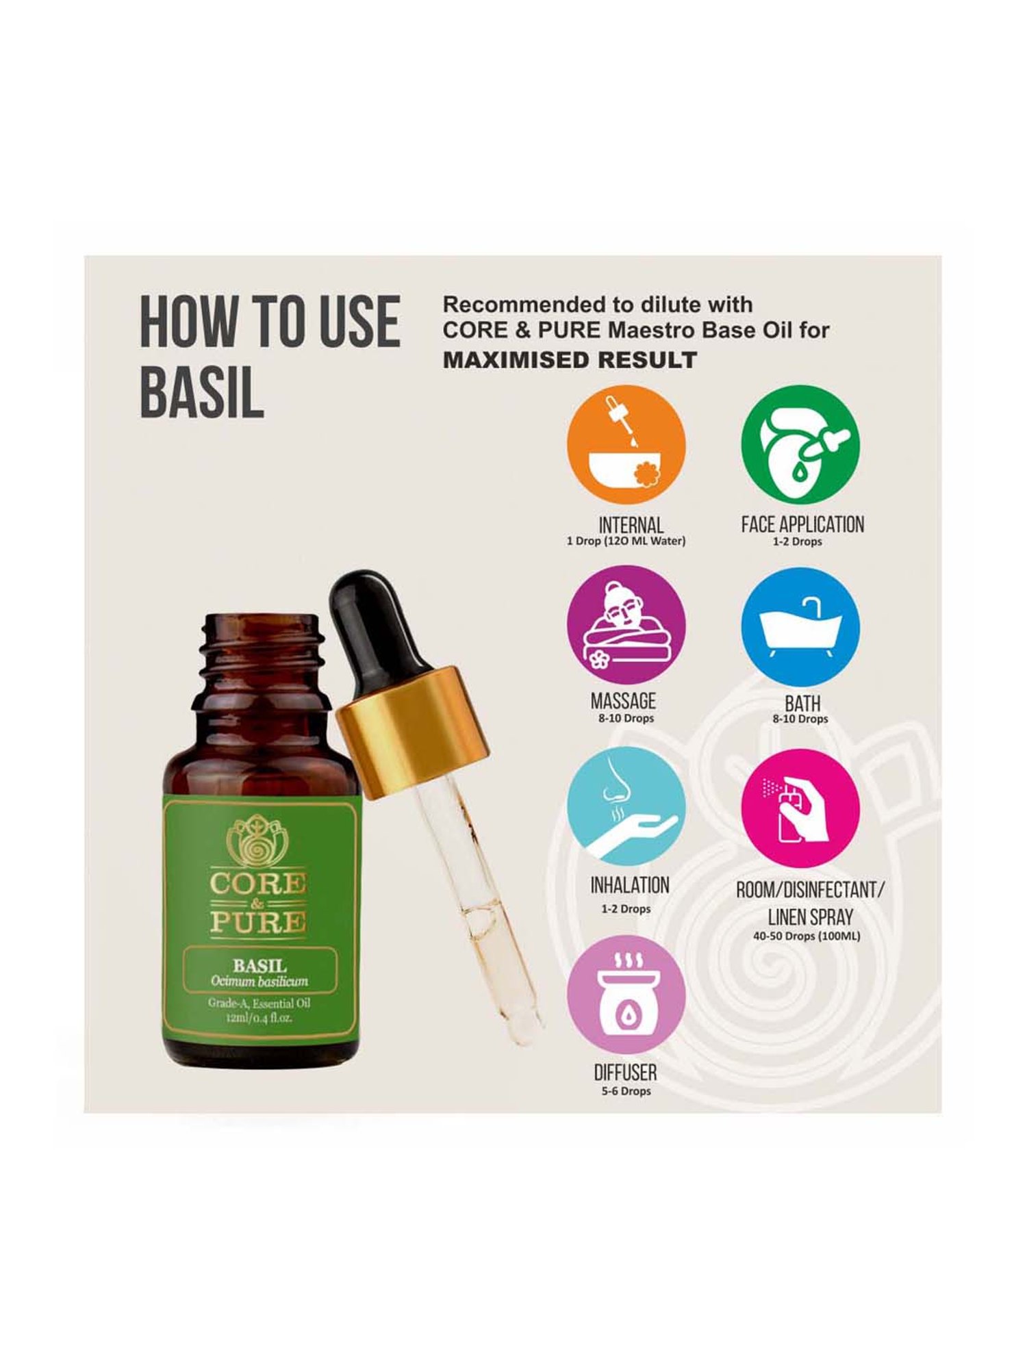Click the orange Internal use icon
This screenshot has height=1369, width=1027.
[626, 446]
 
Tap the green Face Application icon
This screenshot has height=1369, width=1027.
[800, 446]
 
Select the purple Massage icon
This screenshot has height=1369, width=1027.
[626, 624]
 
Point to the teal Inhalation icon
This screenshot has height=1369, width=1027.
[626, 807]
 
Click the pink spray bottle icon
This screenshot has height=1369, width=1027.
[800, 808]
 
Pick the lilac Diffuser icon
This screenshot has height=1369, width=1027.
[626, 995]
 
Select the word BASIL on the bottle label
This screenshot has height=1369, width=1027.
[259, 966]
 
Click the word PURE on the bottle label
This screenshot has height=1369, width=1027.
[258, 922]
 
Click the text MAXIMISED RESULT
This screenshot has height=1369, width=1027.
[570, 360]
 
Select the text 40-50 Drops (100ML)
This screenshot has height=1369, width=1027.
[806, 936]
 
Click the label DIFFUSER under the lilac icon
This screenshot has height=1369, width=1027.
[625, 1073]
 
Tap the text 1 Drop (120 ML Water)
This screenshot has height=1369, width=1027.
[625, 541]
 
